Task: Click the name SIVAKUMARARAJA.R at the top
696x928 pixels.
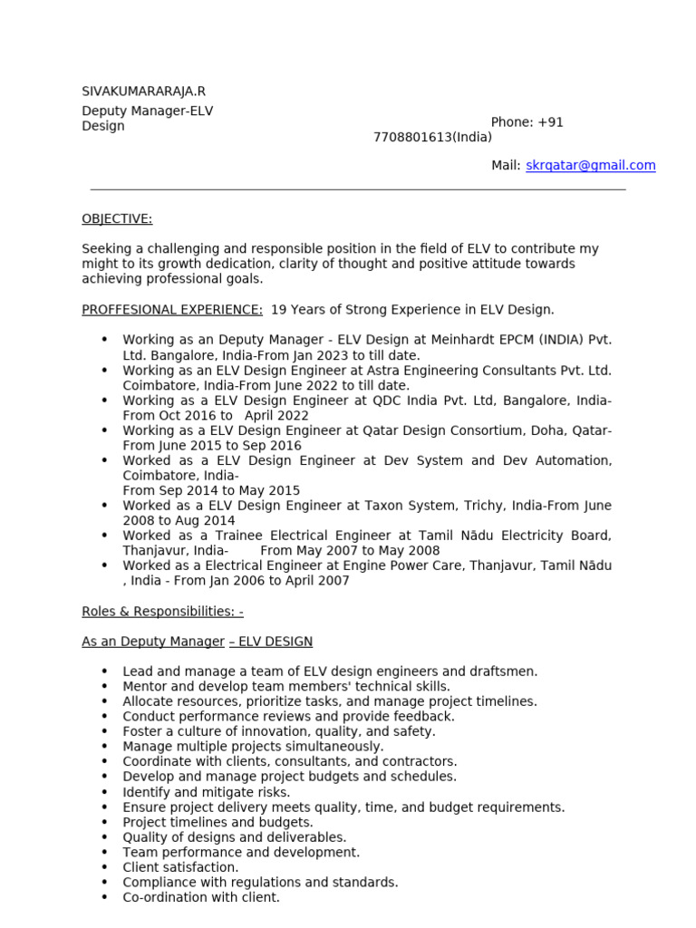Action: tap(143, 92)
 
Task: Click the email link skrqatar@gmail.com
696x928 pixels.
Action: tap(590, 165)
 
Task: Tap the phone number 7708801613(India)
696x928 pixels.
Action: tap(432, 137)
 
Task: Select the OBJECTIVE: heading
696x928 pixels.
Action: tap(117, 218)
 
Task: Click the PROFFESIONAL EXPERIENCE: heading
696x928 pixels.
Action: tap(172, 309)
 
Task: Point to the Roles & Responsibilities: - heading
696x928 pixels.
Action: tap(162, 612)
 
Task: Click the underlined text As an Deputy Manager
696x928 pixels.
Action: tap(152, 642)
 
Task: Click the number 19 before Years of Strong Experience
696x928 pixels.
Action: tap(278, 309)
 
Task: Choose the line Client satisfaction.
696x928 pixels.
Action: tap(180, 867)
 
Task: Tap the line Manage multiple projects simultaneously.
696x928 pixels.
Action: tap(253, 747)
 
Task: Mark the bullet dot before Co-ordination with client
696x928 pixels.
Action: tap(104, 897)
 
